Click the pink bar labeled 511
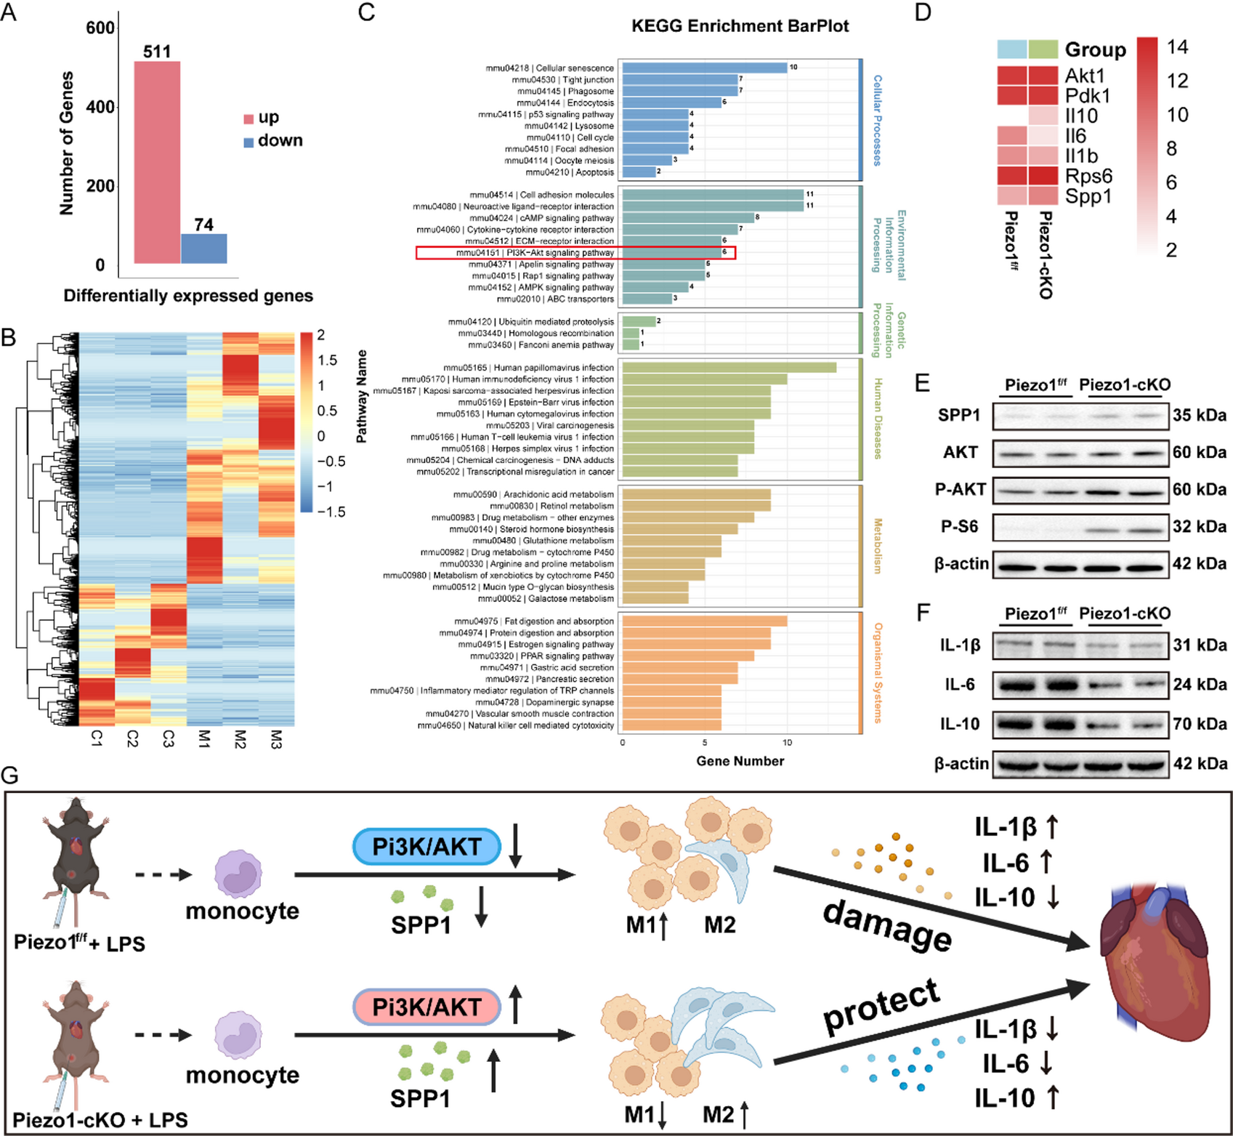[157, 162]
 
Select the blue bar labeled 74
[203, 249]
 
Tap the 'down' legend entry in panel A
[280, 140]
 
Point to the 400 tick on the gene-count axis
[100, 107]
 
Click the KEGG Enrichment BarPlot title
[740, 26]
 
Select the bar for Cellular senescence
[704, 68]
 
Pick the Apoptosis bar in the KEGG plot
[639, 172]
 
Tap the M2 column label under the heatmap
[240, 740]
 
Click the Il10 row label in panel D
[1081, 116]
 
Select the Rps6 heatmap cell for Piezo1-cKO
[1043, 176]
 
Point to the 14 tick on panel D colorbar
[1176, 47]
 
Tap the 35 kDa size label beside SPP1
[1199, 415]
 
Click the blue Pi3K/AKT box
[427, 847]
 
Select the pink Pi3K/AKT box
[427, 1007]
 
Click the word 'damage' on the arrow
[887, 925]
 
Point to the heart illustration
[1155, 974]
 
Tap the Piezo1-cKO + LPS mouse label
[100, 1120]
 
